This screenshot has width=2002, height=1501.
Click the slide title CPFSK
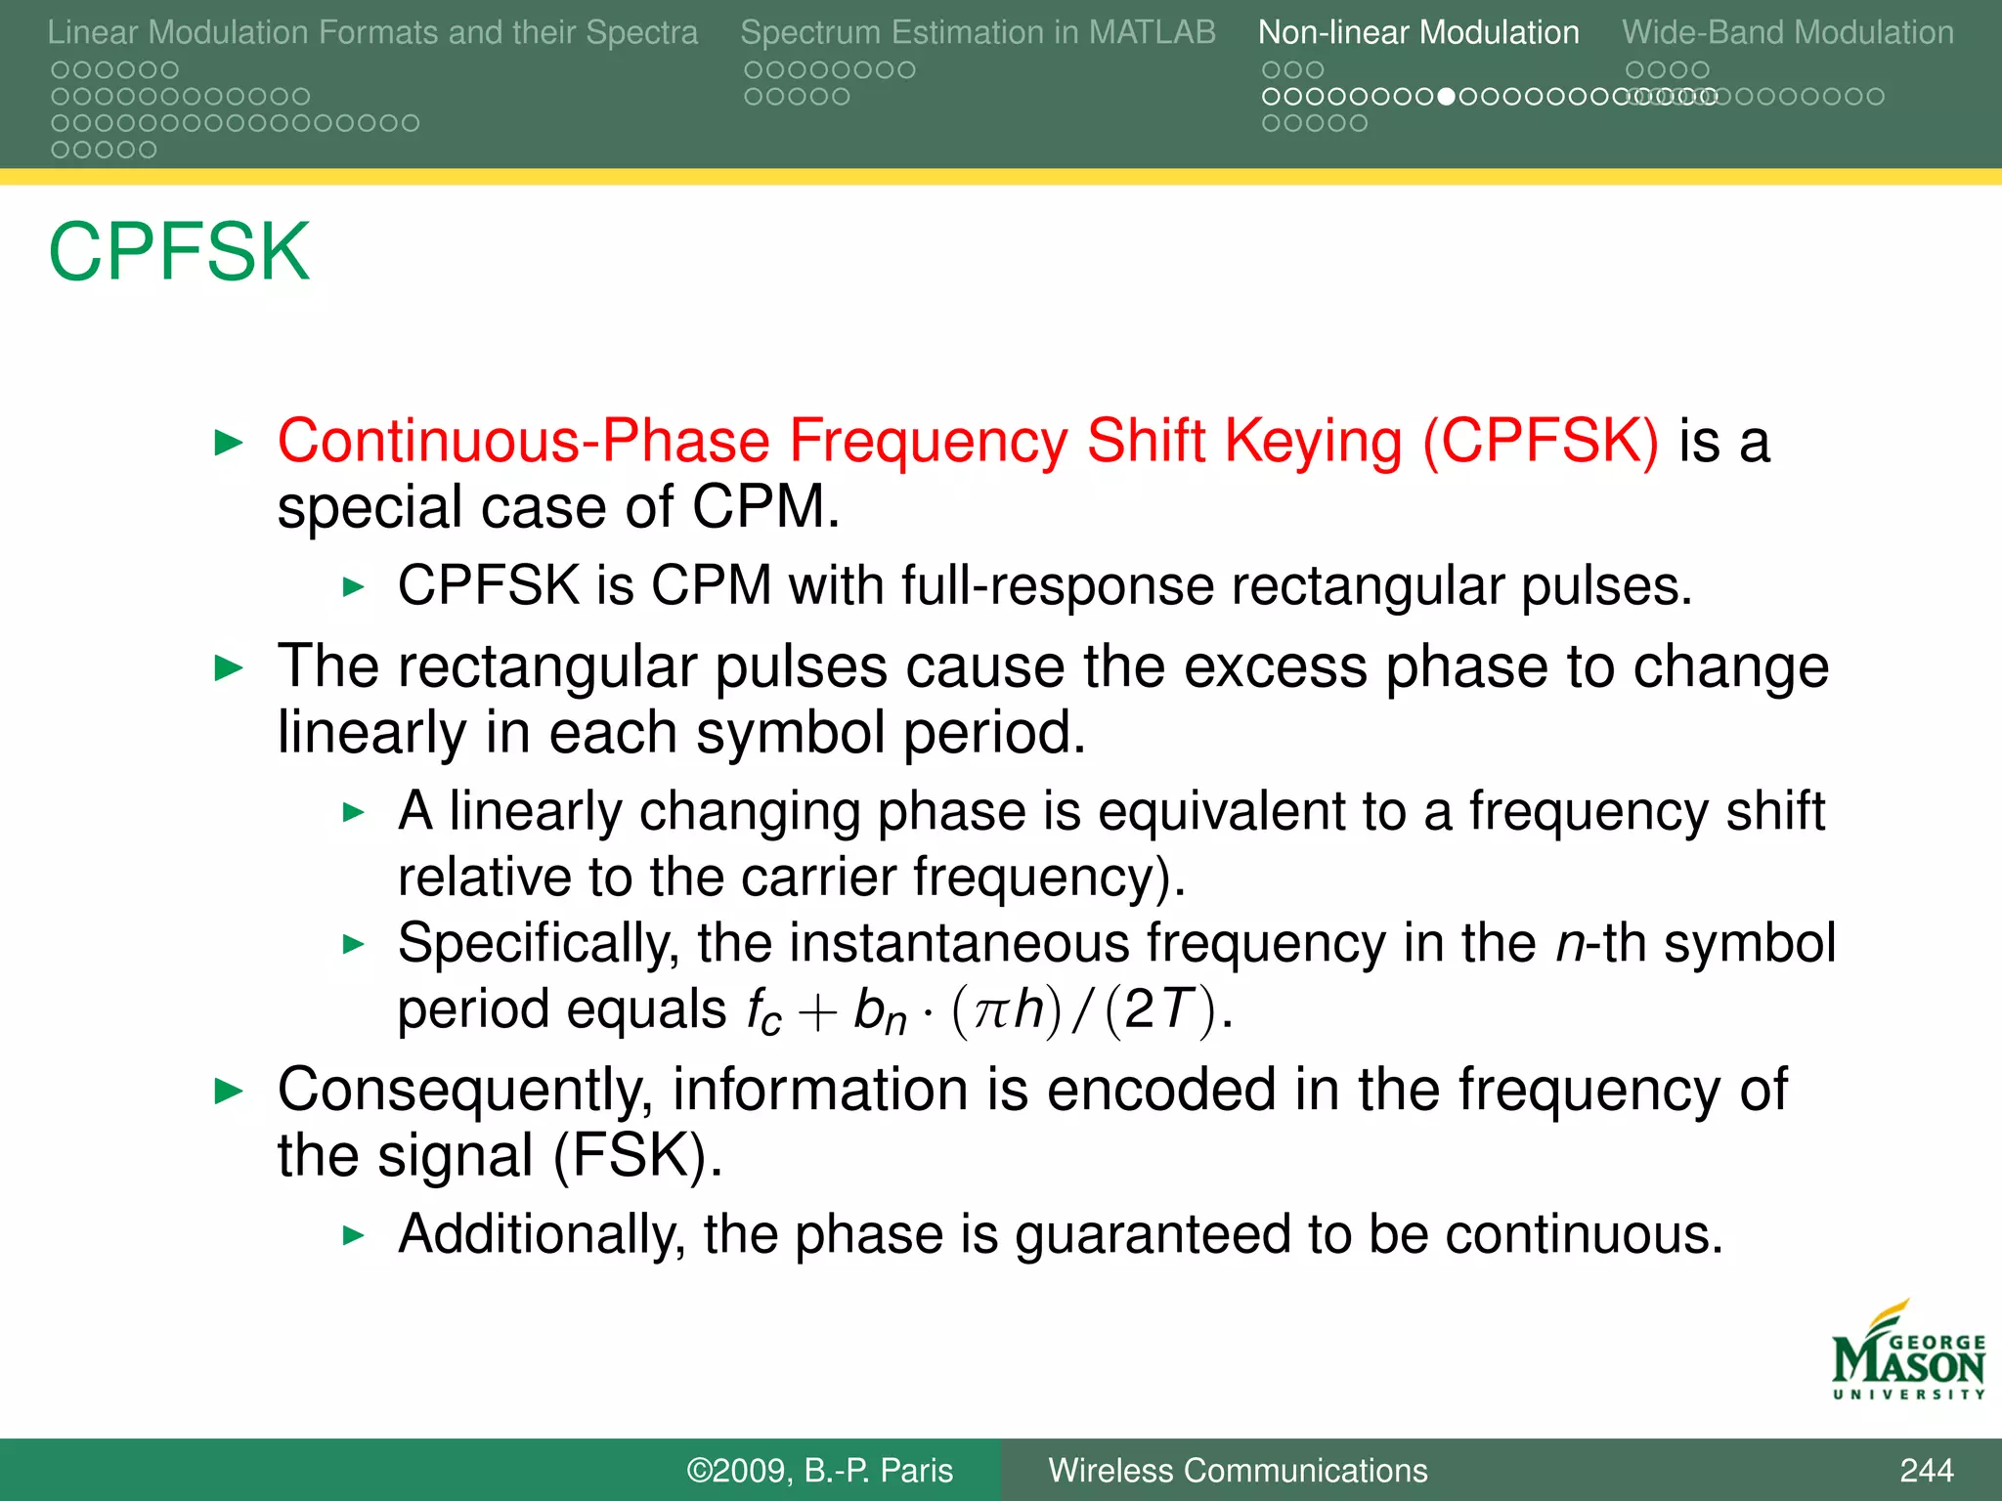(179, 252)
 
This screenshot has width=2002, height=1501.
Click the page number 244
(1926, 1470)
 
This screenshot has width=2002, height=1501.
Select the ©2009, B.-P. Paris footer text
(819, 1470)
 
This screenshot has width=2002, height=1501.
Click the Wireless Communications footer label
(1238, 1470)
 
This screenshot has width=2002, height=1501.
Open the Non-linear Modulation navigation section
(1417, 32)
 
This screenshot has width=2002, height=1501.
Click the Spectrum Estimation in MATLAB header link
(978, 32)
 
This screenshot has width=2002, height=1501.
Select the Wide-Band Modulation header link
(1787, 32)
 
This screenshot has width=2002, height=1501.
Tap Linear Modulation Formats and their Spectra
(372, 32)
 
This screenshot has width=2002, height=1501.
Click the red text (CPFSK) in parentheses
(1541, 441)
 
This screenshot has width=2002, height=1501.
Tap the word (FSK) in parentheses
(637, 1156)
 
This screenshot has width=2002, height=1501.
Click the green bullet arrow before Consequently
(229, 1091)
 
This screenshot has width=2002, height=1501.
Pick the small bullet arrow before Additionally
(353, 1235)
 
